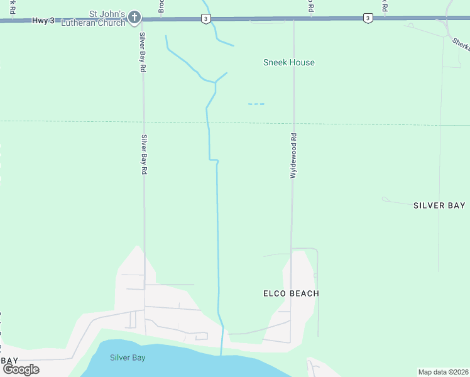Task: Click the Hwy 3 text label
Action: (41, 21)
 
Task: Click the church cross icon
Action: (134, 19)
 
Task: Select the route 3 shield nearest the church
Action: (206, 19)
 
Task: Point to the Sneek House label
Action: (288, 62)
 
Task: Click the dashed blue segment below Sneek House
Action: (256, 104)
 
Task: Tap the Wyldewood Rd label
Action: (293, 156)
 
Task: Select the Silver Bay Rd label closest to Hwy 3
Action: (143, 51)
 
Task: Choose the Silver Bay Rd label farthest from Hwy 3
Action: (144, 155)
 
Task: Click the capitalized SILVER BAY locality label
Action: (439, 205)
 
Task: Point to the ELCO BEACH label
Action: (290, 293)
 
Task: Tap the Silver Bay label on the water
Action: (128, 358)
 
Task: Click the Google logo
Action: (21, 369)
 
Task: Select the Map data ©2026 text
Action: (443, 372)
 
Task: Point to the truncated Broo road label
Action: (161, 6)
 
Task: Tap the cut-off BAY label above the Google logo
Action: (9, 360)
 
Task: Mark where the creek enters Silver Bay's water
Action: (221, 354)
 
